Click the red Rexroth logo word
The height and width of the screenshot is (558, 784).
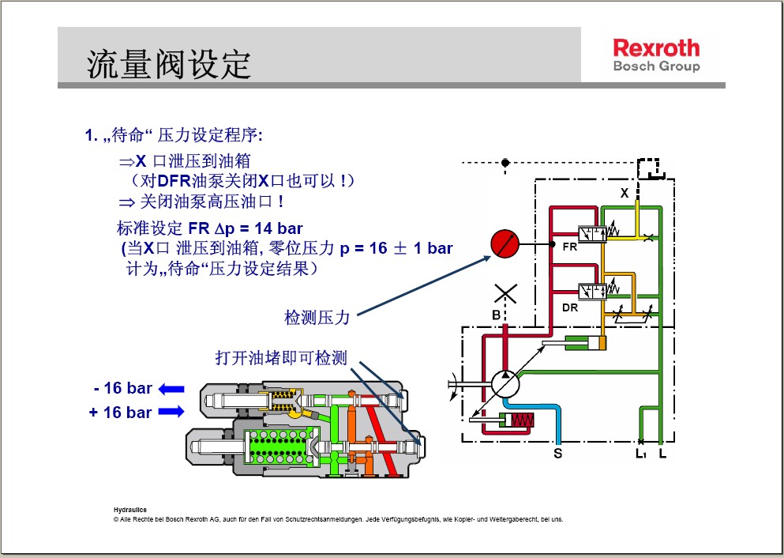(x=656, y=48)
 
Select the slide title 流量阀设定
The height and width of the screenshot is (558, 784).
(x=168, y=64)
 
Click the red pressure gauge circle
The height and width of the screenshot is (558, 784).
(x=505, y=243)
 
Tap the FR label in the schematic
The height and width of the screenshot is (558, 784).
(x=569, y=247)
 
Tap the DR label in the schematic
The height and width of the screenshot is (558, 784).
(x=570, y=307)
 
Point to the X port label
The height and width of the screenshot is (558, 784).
(x=625, y=193)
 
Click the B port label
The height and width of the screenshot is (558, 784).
(x=496, y=315)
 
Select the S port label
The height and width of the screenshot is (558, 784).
(x=558, y=454)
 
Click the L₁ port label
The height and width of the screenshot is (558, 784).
(x=641, y=454)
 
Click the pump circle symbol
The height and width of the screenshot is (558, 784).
(x=505, y=384)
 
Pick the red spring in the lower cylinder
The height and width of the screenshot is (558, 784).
(x=523, y=420)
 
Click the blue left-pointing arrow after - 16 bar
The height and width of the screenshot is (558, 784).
(x=171, y=389)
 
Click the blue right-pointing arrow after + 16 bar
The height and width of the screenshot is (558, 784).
(x=171, y=412)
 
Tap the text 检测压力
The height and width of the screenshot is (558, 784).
(x=317, y=317)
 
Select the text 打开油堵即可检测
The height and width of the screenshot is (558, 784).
(x=281, y=358)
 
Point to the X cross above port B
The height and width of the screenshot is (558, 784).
(x=505, y=294)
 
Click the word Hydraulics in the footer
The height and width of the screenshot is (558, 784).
(x=130, y=510)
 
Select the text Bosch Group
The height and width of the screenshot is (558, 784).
(x=657, y=66)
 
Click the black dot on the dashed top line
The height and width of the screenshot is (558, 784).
(x=505, y=163)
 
